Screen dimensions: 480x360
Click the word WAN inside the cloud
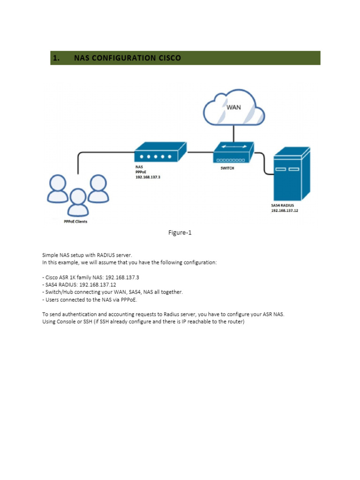click(233, 107)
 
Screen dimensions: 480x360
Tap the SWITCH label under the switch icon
click(227, 168)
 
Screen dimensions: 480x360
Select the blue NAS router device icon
click(160, 152)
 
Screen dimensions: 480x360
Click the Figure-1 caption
click(180, 232)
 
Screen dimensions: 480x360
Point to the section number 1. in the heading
click(56, 58)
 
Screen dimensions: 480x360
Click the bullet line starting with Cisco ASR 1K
click(90, 277)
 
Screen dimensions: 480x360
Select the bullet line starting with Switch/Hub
click(112, 292)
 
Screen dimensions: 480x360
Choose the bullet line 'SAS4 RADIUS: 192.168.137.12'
click(79, 285)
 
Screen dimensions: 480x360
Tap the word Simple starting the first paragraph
click(50, 255)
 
